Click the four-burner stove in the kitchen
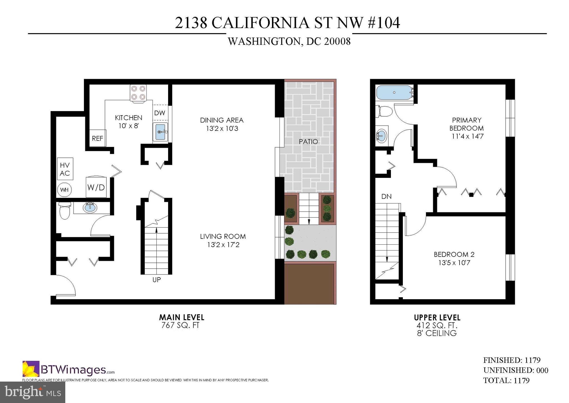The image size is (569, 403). [x=138, y=93]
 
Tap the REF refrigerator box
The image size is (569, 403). [x=98, y=138]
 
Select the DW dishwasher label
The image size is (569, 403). [x=159, y=113]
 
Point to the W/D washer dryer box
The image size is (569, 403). [x=96, y=187]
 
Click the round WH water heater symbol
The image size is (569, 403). [x=64, y=190]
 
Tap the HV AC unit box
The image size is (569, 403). [x=65, y=169]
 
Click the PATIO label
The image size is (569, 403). [x=308, y=142]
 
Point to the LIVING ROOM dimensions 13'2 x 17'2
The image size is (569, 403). [x=223, y=245]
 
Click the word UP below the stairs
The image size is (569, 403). [x=156, y=280]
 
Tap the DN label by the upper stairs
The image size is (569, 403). [x=386, y=196]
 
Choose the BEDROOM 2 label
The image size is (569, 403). [x=454, y=254]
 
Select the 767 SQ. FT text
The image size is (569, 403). [x=180, y=325]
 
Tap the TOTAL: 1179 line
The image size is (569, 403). [x=506, y=380]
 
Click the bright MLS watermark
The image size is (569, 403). [x=33, y=392]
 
